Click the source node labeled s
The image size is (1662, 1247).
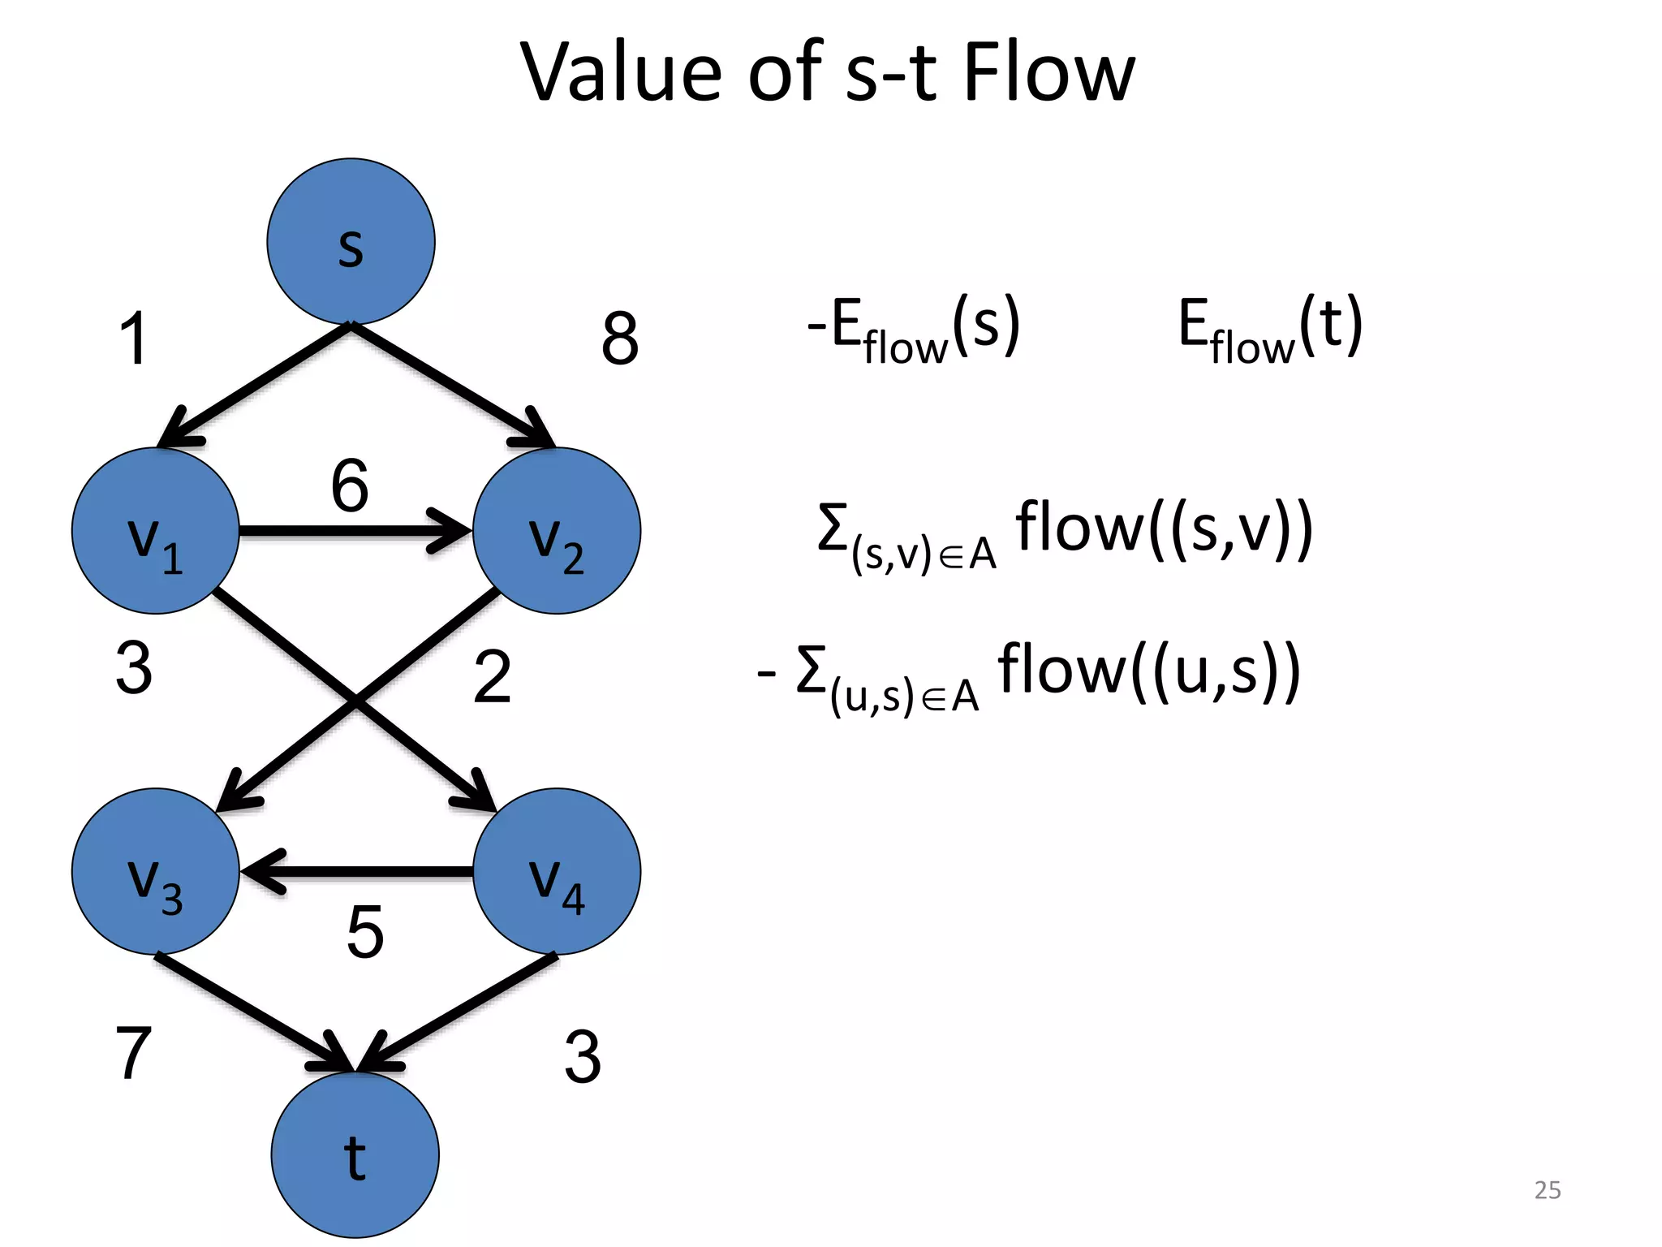pyautogui.click(x=351, y=242)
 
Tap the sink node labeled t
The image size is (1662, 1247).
pyautogui.click(x=355, y=1154)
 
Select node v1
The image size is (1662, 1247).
pyautogui.click(x=155, y=531)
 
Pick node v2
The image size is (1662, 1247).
pyautogui.click(x=557, y=531)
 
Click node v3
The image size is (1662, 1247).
pyautogui.click(x=155, y=872)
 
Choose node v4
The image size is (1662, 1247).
pyautogui.click(x=557, y=872)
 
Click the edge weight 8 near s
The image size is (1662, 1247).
pyautogui.click(x=620, y=339)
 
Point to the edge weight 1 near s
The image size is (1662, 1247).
pyautogui.click(x=134, y=339)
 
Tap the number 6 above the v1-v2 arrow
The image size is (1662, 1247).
pyautogui.click(x=350, y=485)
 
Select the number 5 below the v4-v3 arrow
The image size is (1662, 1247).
pyautogui.click(x=364, y=932)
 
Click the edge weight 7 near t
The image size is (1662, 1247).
pyautogui.click(x=134, y=1053)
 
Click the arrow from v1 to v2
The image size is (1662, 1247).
pyautogui.click(x=349, y=532)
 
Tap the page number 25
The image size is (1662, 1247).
pyautogui.click(x=1547, y=1190)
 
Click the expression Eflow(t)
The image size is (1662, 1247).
pyautogui.click(x=1270, y=329)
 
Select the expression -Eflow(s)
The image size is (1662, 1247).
pyautogui.click(x=913, y=329)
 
